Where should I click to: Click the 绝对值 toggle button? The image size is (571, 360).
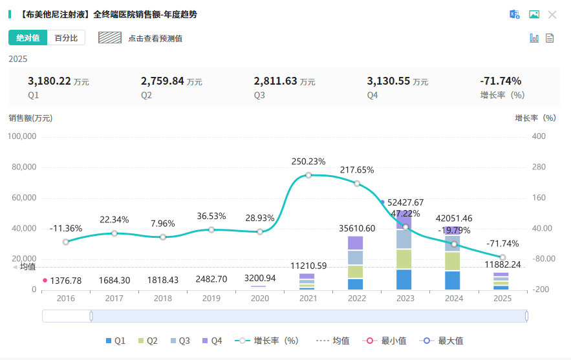pyautogui.click(x=28, y=38)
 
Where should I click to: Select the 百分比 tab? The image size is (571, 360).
pyautogui.click(x=66, y=38)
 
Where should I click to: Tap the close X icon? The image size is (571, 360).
pyautogui.click(x=552, y=15)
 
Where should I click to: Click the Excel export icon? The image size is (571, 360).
pyautogui.click(x=515, y=15)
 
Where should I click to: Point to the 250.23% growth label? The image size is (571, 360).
pyautogui.click(x=308, y=162)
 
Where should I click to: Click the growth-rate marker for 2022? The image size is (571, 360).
pyautogui.click(x=357, y=184)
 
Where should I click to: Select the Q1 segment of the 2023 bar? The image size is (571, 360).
pyautogui.click(x=405, y=279)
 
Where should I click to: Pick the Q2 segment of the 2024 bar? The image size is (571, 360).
pyautogui.click(x=453, y=261)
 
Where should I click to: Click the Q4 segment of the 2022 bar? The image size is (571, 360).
pyautogui.click(x=356, y=243)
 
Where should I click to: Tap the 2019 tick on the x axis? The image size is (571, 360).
pyautogui.click(x=211, y=298)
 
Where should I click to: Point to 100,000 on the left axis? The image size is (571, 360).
pyautogui.click(x=22, y=136)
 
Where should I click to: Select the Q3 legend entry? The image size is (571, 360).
pyautogui.click(x=181, y=341)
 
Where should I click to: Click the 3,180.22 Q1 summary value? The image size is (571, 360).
pyautogui.click(x=49, y=81)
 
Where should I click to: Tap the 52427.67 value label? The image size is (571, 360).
pyautogui.click(x=405, y=202)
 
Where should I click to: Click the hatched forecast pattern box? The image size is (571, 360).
pyautogui.click(x=110, y=38)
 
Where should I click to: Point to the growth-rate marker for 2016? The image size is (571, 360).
pyautogui.click(x=66, y=242)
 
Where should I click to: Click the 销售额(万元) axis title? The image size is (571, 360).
pyautogui.click(x=30, y=118)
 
